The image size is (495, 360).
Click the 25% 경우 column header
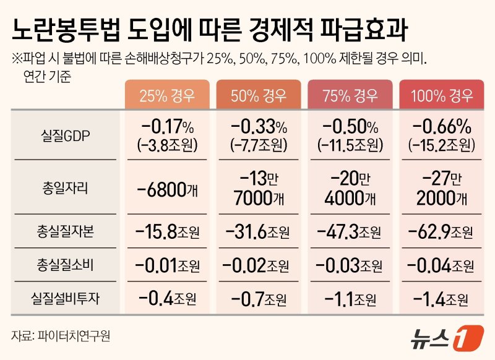[x=166, y=95]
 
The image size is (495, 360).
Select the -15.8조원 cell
[x=166, y=232]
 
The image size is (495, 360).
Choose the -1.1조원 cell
[x=350, y=299]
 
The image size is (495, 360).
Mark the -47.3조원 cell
[x=350, y=232]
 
